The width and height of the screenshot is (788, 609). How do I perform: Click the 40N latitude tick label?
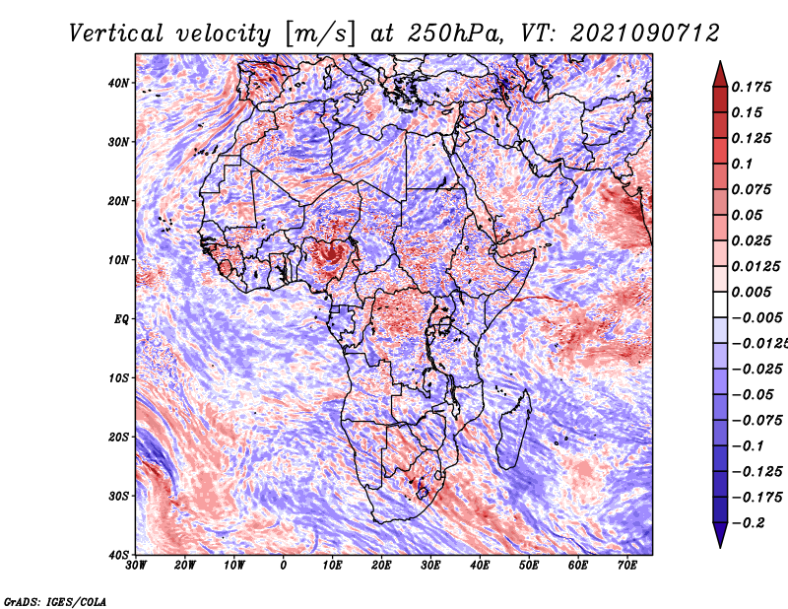118,83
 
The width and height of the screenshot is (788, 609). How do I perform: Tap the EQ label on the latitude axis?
121,319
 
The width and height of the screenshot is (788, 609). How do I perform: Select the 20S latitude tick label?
118,437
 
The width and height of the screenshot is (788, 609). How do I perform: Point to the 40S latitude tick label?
118,555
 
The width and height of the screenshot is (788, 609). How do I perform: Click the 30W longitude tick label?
136,566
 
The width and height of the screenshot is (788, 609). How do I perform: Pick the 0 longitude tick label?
284,566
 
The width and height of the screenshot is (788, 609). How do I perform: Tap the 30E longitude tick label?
430,566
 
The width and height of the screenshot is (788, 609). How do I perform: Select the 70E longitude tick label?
627,566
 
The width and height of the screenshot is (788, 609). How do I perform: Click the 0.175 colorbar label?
751,87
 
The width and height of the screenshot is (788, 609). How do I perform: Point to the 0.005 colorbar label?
751,292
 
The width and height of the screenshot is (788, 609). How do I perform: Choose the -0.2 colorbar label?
749,522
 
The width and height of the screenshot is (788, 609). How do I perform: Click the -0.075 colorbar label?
756,420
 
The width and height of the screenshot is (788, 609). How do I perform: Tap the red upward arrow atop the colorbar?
720,75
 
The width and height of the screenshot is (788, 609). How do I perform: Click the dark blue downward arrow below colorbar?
720,535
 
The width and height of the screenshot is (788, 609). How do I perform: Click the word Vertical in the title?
116,34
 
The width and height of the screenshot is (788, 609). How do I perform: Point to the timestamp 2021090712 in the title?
645,34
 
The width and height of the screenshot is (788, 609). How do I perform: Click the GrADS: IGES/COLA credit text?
55,601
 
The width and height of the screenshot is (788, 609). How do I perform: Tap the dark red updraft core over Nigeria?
330,254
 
